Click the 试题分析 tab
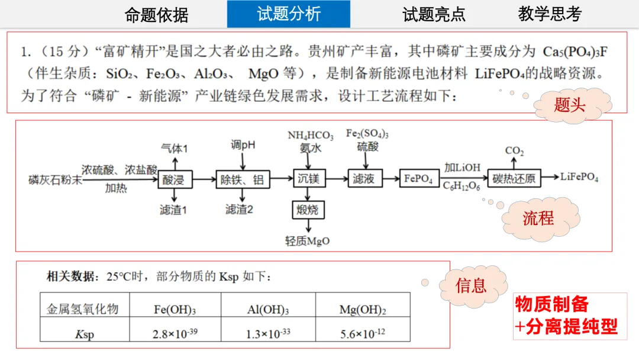pyautogui.click(x=288, y=14)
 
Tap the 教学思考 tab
pyautogui.click(x=550, y=14)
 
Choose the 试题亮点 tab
pyautogui.click(x=434, y=14)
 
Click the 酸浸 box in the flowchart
pyautogui.click(x=173, y=178)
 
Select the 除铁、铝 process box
pyautogui.click(x=242, y=178)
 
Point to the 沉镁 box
pyautogui.click(x=308, y=178)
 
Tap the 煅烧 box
pyautogui.click(x=308, y=210)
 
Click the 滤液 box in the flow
pyautogui.click(x=363, y=178)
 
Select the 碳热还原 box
pyautogui.click(x=514, y=178)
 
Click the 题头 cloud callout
pyautogui.click(x=570, y=106)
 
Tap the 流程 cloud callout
pyautogui.click(x=538, y=218)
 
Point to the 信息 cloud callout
pyautogui.click(x=472, y=286)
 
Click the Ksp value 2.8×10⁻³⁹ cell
pyautogui.click(x=175, y=333)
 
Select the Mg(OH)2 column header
pyautogui.click(x=363, y=309)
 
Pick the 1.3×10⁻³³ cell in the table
pyautogui.click(x=268, y=333)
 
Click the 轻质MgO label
pyautogui.click(x=308, y=241)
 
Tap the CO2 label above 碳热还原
pyautogui.click(x=514, y=151)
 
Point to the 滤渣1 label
pyautogui.click(x=173, y=210)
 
